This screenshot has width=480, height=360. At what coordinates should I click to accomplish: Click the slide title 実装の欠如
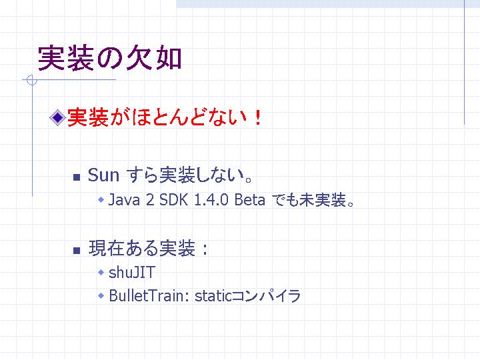pos(109,58)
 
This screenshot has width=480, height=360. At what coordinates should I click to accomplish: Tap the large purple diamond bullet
pos(57,117)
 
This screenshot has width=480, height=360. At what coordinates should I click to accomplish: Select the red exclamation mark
pos(258,117)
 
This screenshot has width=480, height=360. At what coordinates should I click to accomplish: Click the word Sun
pos(103,175)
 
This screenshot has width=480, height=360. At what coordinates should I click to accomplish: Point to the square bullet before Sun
pos(77,177)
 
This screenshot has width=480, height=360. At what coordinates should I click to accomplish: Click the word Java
pos(124,200)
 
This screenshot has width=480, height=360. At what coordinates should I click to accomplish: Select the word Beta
pos(249,200)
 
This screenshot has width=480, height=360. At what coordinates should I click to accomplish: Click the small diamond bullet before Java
pos(101,200)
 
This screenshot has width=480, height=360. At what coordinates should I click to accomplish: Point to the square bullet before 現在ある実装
pos(77,251)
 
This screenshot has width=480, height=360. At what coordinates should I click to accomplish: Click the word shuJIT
pos(132,272)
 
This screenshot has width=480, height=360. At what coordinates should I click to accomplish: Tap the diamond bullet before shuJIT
pos(101,272)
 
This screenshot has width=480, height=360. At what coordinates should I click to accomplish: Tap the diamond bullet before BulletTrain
pos(101,296)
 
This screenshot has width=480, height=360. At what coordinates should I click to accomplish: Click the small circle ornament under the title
pos(32,80)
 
